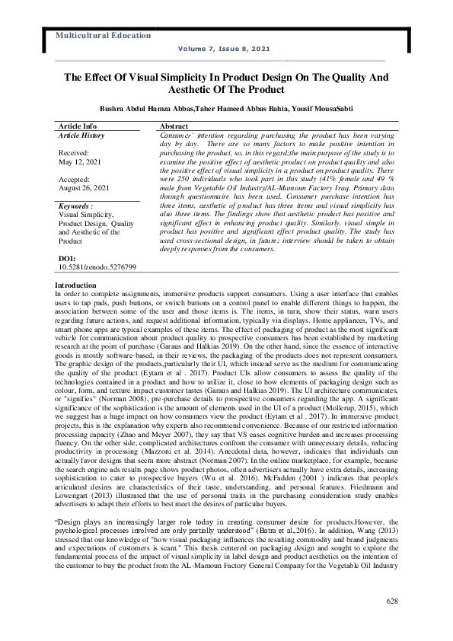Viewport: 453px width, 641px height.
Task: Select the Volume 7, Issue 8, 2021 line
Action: click(x=223, y=49)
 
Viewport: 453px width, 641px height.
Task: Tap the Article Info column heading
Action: click(x=78, y=125)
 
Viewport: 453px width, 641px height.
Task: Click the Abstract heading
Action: click(x=174, y=125)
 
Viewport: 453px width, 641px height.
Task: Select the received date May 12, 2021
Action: click(x=81, y=161)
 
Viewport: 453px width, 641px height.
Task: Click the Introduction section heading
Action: click(x=76, y=285)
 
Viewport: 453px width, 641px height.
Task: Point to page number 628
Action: click(x=392, y=601)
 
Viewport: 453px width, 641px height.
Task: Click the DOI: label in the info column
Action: click(x=67, y=260)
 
